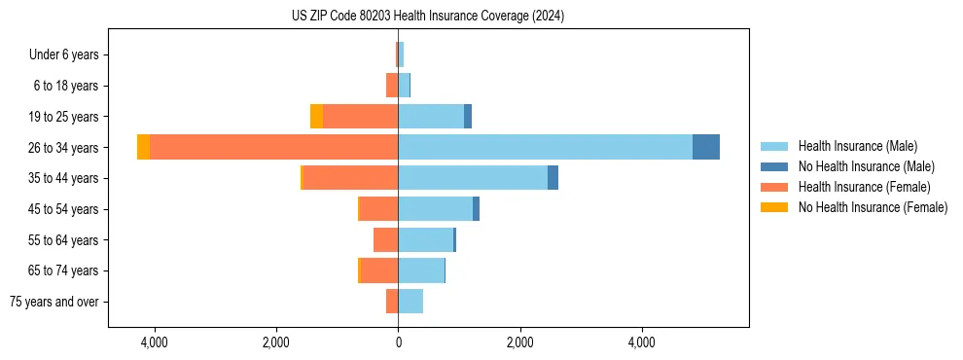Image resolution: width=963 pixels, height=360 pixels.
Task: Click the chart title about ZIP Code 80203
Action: click(x=427, y=17)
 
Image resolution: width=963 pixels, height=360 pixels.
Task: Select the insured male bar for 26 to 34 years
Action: click(x=545, y=147)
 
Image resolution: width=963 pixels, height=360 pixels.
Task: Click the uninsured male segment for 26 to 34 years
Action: click(x=706, y=147)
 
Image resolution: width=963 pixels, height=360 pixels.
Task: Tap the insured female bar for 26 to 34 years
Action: click(x=273, y=147)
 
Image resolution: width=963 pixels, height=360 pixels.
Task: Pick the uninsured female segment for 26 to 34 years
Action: click(x=143, y=147)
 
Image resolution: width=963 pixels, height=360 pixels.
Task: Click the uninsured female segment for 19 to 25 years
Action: click(x=316, y=116)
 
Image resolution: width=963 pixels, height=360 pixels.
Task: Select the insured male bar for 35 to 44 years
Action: click(x=473, y=178)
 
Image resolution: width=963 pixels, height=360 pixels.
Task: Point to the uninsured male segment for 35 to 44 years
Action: click(x=553, y=178)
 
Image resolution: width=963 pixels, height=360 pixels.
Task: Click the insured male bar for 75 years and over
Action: click(x=410, y=302)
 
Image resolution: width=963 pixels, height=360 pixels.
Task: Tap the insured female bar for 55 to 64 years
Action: click(x=385, y=239)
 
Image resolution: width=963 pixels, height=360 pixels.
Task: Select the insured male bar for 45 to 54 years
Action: click(x=435, y=208)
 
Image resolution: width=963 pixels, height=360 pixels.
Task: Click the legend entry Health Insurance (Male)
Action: click(x=857, y=146)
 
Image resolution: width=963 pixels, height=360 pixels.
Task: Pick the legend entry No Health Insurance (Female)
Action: click(x=873, y=207)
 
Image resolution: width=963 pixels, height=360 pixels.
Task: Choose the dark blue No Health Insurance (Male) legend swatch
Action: click(x=774, y=166)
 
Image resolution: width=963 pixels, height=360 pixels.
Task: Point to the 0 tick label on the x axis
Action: click(x=398, y=342)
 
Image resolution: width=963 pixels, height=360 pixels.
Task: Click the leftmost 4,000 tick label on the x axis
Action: click(x=154, y=342)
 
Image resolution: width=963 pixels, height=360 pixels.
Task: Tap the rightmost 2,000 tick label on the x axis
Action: click(x=519, y=342)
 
